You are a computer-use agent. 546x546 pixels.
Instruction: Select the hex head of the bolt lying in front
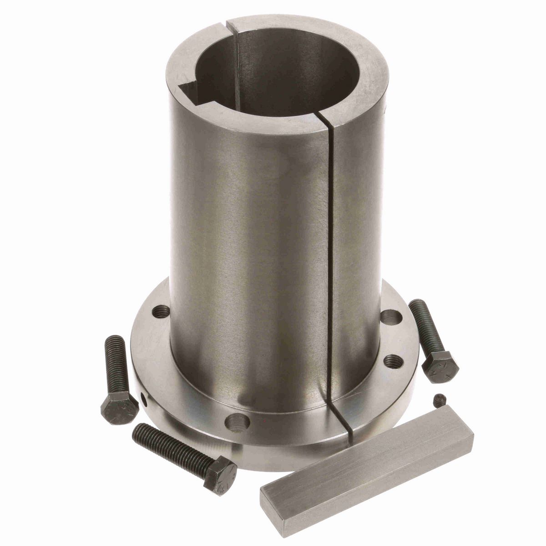[x=220, y=474]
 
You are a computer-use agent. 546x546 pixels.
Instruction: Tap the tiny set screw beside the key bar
[x=439, y=400]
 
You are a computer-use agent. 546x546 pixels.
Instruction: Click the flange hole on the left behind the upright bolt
[x=162, y=312]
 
